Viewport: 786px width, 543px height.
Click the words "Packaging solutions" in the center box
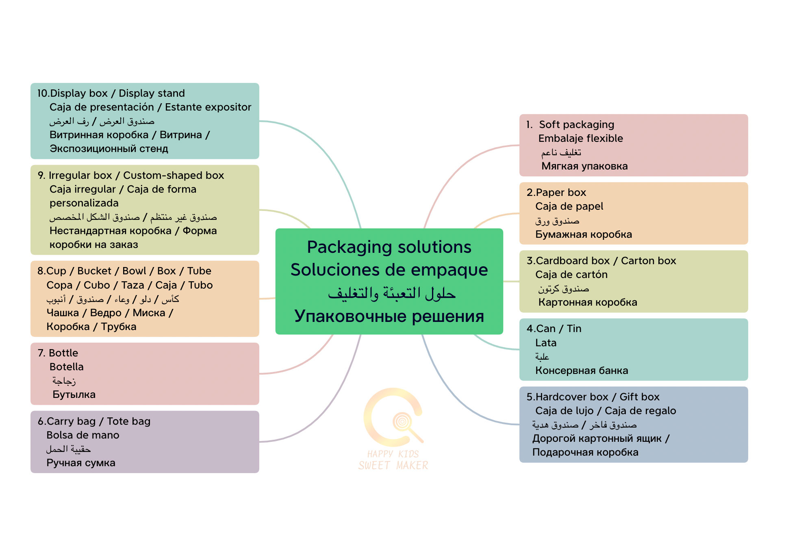(x=389, y=247)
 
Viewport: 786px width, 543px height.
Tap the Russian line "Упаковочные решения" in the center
(x=389, y=316)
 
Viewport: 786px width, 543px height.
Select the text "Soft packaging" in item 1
(x=576, y=124)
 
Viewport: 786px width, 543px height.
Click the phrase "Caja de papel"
(x=569, y=206)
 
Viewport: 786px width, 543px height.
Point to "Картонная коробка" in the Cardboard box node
(x=587, y=302)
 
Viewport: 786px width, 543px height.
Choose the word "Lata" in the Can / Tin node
(x=545, y=343)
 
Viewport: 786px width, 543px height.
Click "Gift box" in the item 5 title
(x=639, y=397)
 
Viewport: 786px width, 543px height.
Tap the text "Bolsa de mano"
(x=83, y=435)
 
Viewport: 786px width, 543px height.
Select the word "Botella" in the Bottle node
(x=67, y=367)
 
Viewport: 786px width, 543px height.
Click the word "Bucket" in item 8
(x=94, y=271)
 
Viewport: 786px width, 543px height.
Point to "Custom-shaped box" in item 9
(x=174, y=176)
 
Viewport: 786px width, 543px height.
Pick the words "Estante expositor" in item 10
(x=208, y=107)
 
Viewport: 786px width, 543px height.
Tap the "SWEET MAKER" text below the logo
(x=393, y=466)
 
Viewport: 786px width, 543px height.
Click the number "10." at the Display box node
(x=43, y=93)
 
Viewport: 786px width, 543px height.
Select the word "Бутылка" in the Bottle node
(x=74, y=395)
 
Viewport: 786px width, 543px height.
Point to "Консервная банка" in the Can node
(x=582, y=371)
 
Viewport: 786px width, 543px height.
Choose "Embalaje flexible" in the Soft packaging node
(x=580, y=139)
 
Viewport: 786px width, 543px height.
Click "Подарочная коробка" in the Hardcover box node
(x=585, y=452)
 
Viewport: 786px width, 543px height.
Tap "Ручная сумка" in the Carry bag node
(x=81, y=463)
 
